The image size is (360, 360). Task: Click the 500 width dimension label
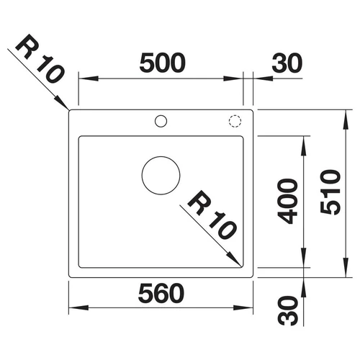pos(163,63)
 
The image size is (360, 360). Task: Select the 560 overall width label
pos(161,293)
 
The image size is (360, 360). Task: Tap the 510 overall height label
pos(330,192)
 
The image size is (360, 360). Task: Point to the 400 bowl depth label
pos(287,201)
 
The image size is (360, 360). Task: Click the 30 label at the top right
pos(287,63)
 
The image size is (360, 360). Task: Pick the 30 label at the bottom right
pos(287,310)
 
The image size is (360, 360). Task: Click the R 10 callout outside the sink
pos(40,58)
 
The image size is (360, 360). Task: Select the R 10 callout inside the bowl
pos(212,215)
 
